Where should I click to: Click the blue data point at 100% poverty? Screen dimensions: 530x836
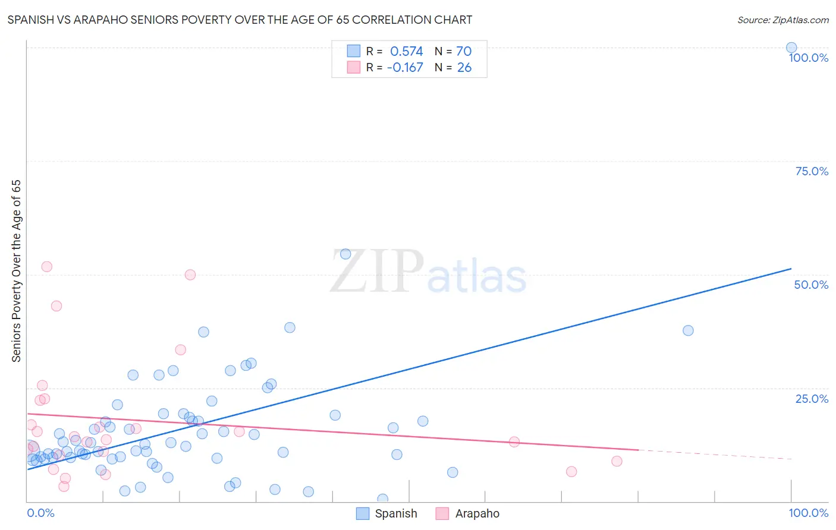[x=791, y=48]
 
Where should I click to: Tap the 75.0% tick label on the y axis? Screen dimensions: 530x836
[x=812, y=171]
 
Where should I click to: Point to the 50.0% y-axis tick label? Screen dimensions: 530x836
[x=811, y=285]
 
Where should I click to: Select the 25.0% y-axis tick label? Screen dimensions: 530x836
[x=812, y=399]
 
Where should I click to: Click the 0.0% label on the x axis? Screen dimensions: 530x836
[x=40, y=513]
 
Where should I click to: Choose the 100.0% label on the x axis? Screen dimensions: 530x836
[x=808, y=513]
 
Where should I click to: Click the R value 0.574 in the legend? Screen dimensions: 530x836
[x=406, y=52]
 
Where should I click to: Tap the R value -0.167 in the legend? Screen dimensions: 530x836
[x=405, y=68]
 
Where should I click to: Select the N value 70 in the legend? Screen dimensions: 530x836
[x=464, y=52]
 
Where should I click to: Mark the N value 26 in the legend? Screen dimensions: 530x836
[x=464, y=68]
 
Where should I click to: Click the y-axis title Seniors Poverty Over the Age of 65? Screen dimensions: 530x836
[x=16, y=270]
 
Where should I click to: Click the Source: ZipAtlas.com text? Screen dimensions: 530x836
[x=782, y=20]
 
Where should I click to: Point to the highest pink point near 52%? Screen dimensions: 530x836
[x=46, y=267]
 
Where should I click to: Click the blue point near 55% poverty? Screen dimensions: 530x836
[x=345, y=254]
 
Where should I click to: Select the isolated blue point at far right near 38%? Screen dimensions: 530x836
[x=688, y=330]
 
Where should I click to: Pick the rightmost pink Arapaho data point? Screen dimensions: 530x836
[x=617, y=461]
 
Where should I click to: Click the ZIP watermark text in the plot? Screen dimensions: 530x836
[x=376, y=272]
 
